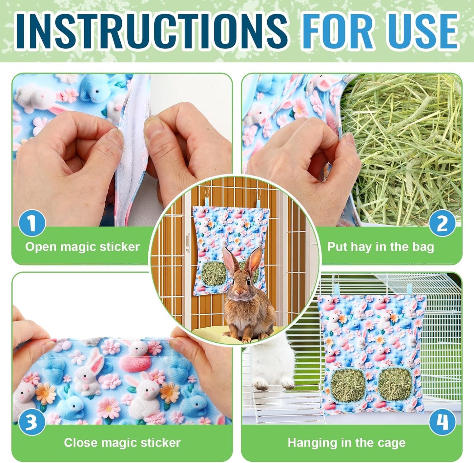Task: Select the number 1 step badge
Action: (x=32, y=224)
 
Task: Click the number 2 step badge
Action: (x=442, y=224)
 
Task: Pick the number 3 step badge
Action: (x=32, y=422)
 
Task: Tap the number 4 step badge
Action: (x=442, y=422)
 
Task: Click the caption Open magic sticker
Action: (x=82, y=247)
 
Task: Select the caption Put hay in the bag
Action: (x=381, y=247)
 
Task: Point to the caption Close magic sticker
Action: (x=122, y=443)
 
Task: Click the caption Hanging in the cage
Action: (x=346, y=443)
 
